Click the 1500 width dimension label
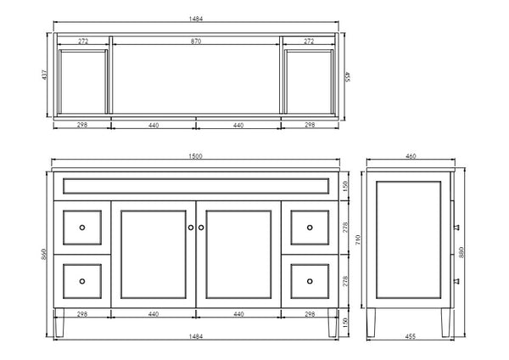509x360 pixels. click(x=195, y=156)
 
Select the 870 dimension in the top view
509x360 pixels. click(x=196, y=42)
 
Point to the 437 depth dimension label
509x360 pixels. click(x=45, y=75)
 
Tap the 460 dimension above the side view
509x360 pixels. click(x=411, y=156)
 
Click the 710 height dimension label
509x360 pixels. click(x=358, y=239)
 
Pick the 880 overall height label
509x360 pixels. click(x=461, y=252)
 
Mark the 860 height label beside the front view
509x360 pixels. click(x=44, y=254)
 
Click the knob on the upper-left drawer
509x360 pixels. click(x=82, y=228)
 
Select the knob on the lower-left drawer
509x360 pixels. click(x=82, y=281)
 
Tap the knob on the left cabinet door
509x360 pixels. click(x=191, y=228)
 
